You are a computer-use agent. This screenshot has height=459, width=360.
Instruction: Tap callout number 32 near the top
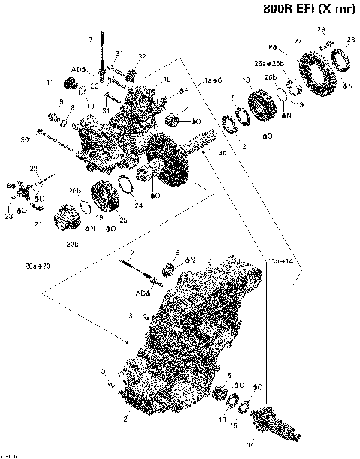click(142, 56)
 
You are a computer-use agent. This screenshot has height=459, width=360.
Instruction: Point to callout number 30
click(24, 139)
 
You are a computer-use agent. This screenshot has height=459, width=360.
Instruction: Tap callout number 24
click(137, 205)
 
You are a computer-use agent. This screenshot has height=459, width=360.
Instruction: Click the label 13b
click(220, 153)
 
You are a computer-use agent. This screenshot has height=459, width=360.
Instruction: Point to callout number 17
click(232, 96)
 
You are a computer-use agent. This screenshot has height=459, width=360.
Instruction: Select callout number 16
click(223, 421)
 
